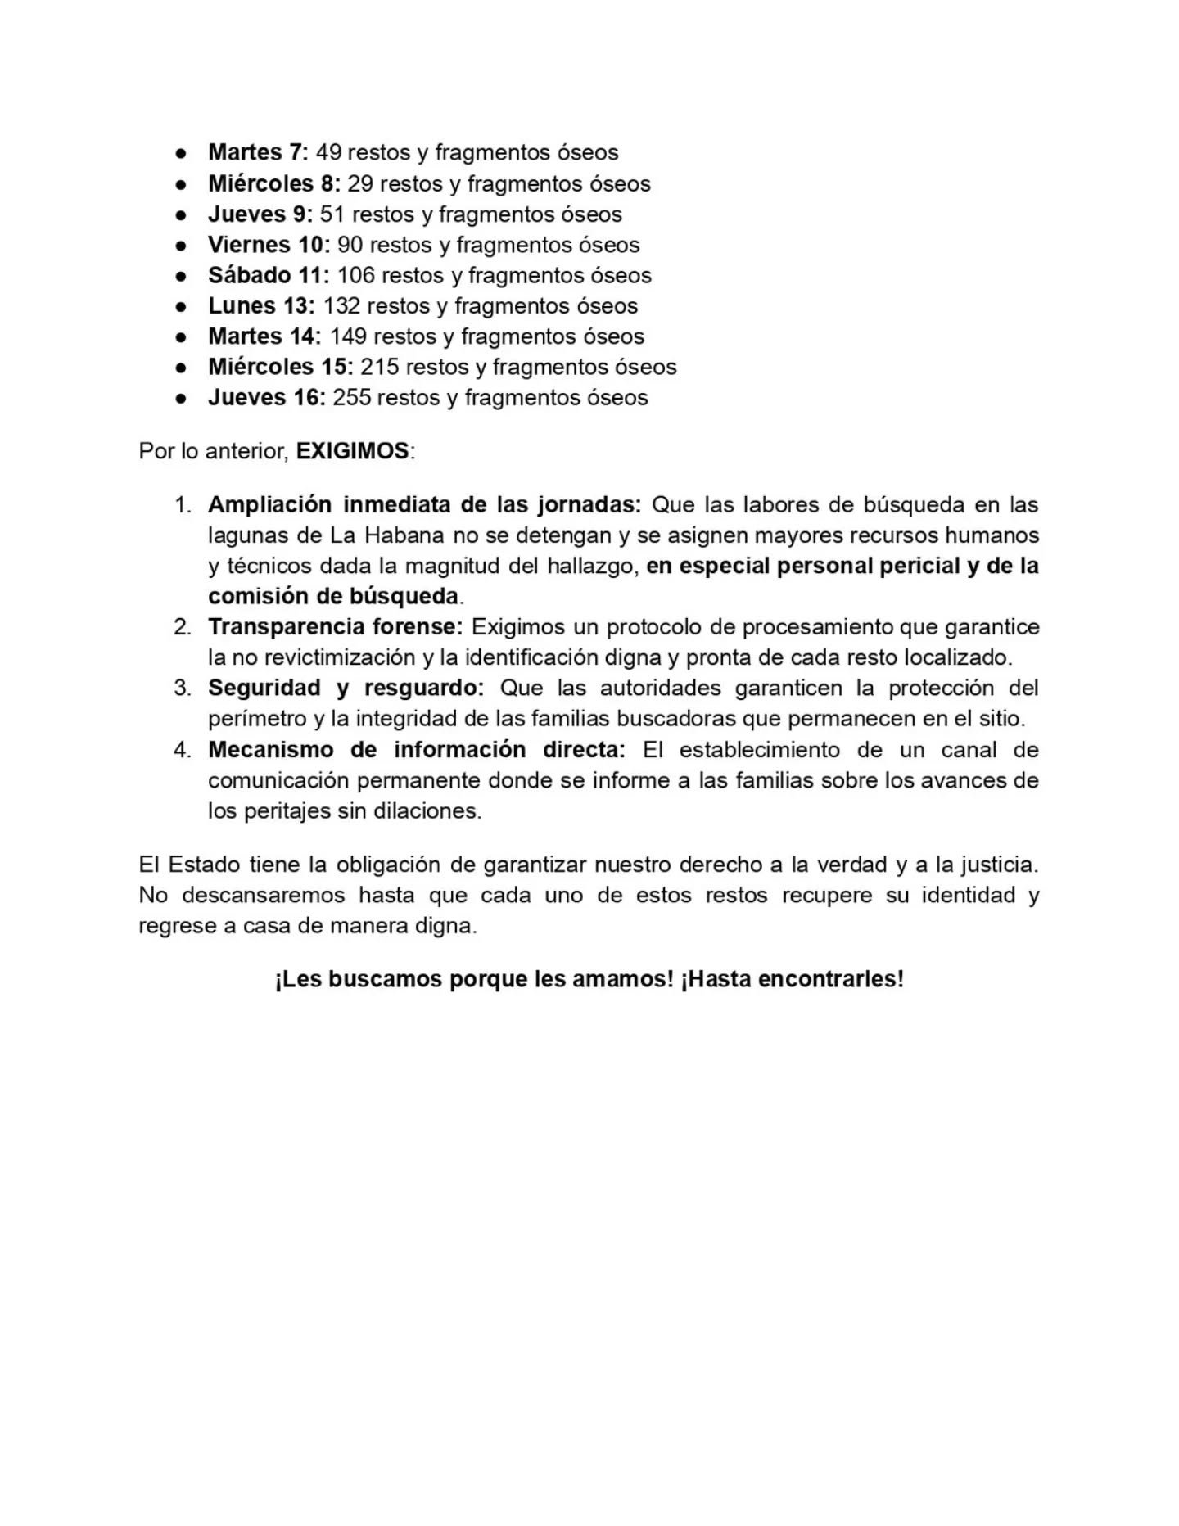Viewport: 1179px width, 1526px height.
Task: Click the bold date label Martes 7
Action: click(258, 152)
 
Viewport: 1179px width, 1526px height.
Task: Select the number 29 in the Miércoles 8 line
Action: click(360, 183)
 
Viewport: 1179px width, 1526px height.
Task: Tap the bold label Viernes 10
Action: click(269, 245)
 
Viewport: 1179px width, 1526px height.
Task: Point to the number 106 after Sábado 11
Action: click(355, 275)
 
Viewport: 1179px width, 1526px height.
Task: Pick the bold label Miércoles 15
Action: click(280, 367)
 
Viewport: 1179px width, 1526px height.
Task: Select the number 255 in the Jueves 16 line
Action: click(351, 398)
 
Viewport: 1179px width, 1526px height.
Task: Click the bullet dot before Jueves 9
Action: click(181, 214)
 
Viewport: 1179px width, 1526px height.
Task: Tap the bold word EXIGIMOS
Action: click(352, 451)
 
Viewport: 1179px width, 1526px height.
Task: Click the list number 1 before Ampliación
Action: click(182, 505)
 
